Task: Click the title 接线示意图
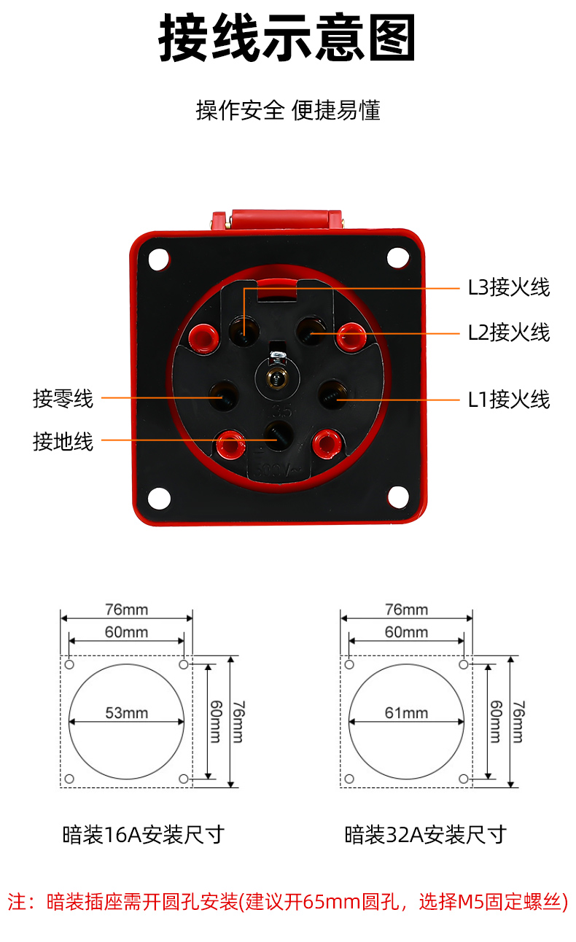(287, 37)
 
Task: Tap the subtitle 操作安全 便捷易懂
(288, 111)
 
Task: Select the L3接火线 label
(509, 288)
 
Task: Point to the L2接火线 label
(509, 332)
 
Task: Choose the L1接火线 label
(509, 400)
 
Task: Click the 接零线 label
(63, 398)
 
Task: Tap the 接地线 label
(63, 442)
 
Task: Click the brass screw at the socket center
(277, 377)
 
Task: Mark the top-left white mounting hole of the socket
(158, 259)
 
